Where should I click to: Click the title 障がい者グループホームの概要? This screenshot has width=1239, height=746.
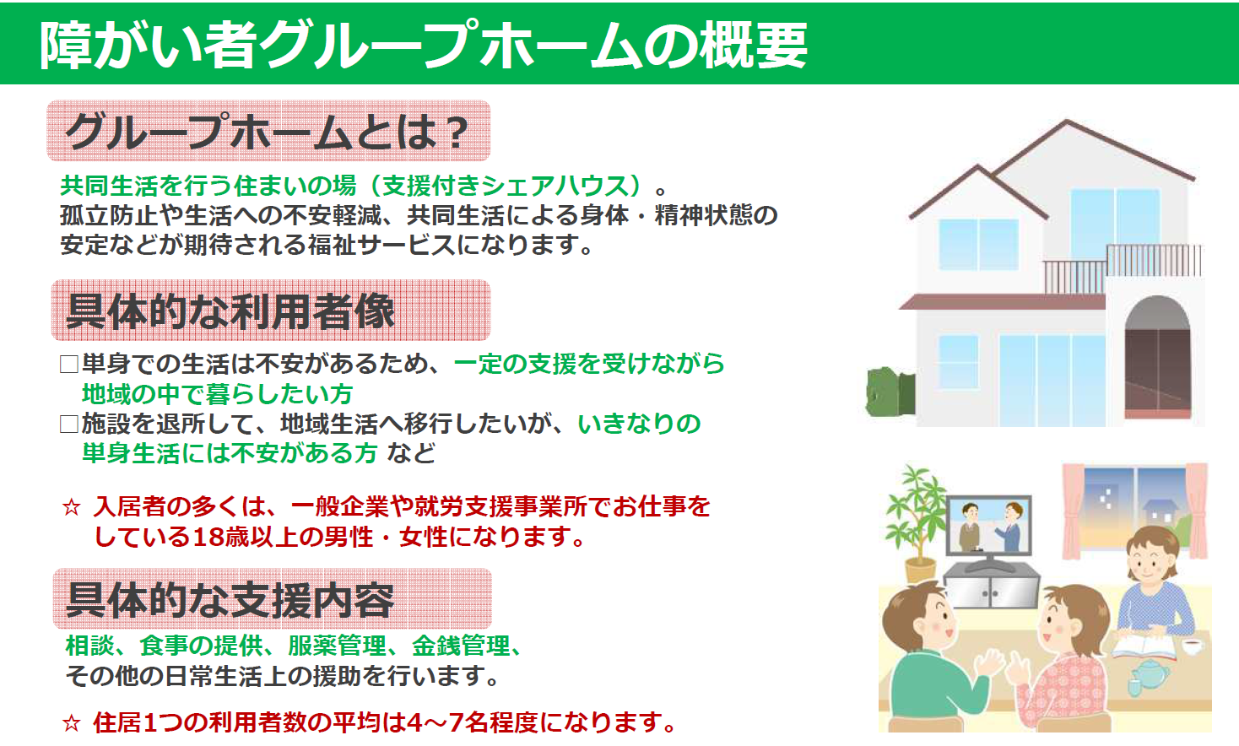tap(423, 46)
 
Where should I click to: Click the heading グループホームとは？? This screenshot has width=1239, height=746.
tap(268, 132)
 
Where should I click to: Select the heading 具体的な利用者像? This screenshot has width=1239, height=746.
tap(230, 311)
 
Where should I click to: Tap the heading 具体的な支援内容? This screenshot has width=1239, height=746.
tap(230, 599)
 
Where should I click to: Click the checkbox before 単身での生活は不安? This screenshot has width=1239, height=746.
tap(68, 365)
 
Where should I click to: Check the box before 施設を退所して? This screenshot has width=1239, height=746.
tap(68, 424)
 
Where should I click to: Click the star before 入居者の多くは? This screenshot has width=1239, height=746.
tap(72, 507)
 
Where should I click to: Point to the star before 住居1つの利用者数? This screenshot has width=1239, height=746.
tap(72, 722)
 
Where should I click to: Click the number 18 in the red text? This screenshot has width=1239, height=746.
tap(208, 537)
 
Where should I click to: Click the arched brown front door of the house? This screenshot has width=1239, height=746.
tap(1158, 359)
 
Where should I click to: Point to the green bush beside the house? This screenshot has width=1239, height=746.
tap(890, 392)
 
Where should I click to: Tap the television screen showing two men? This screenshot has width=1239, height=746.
tap(989, 526)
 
